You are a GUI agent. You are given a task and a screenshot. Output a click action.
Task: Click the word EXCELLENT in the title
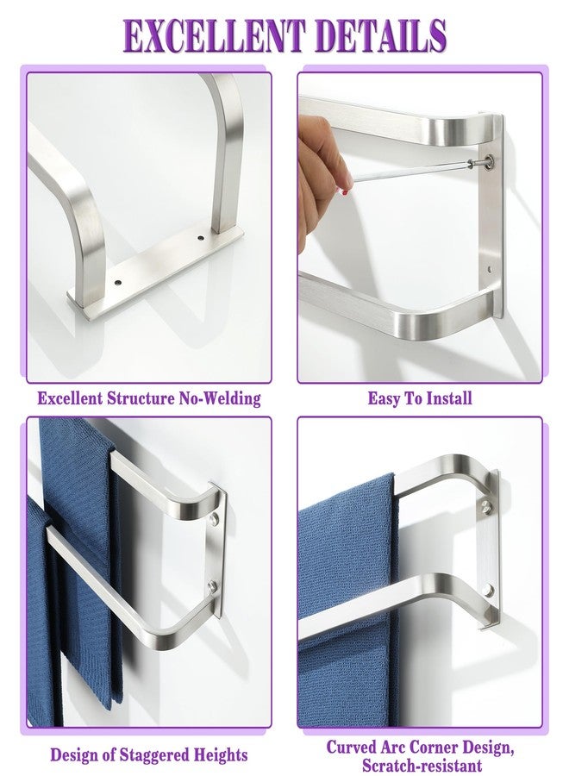tap(214, 35)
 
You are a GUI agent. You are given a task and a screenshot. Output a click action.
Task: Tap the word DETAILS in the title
tap(380, 35)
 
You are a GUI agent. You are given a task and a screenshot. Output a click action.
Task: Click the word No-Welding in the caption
tap(219, 398)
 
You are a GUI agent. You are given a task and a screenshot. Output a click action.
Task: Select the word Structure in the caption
tap(139, 398)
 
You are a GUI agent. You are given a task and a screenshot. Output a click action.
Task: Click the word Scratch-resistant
tap(422, 765)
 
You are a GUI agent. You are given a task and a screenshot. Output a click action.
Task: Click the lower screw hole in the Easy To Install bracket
tap(490, 270)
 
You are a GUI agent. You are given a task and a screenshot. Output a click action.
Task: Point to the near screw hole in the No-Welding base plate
tap(118, 283)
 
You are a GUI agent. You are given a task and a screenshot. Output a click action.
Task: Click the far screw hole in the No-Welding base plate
tap(200, 239)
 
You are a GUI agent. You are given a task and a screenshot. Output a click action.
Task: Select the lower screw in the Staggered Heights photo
tap(212, 588)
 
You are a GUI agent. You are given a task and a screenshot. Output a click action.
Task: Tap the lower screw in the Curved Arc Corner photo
tap(488, 590)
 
